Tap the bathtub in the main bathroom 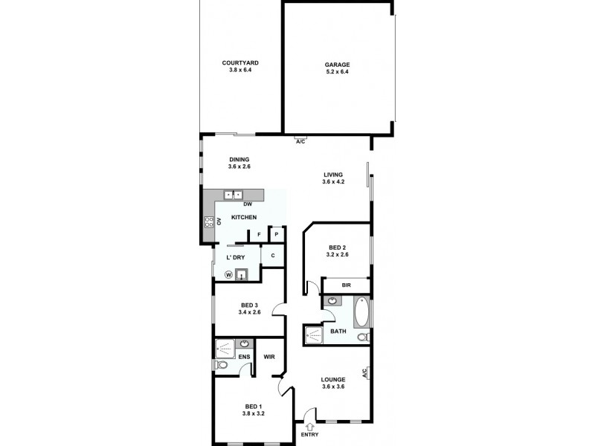pyautogui.click(x=361, y=313)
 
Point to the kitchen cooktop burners pyautogui.click(x=209, y=220)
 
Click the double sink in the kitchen pyautogui.click(x=234, y=195)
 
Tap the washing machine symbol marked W pyautogui.click(x=229, y=274)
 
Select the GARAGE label pyautogui.click(x=337, y=64)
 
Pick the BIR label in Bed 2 pyautogui.click(x=346, y=285)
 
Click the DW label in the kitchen pyautogui.click(x=248, y=204)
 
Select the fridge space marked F pyautogui.click(x=259, y=235)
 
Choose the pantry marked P pyautogui.click(x=276, y=234)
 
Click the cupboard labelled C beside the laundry pyautogui.click(x=273, y=256)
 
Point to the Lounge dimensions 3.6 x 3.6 pyautogui.click(x=333, y=387)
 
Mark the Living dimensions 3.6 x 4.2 pyautogui.click(x=332, y=182)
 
